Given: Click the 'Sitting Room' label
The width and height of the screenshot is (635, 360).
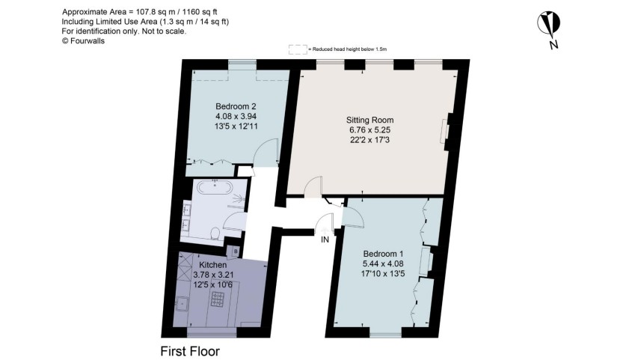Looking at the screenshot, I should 369,120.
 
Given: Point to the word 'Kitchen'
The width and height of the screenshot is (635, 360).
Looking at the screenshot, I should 213,265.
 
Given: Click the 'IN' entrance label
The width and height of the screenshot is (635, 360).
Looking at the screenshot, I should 325,240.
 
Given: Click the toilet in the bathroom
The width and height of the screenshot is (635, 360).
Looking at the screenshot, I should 215,234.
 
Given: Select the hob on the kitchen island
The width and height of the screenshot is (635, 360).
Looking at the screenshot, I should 218,299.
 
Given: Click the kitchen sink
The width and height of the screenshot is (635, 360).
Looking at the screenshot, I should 182,303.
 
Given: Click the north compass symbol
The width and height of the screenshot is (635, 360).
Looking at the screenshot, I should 551,25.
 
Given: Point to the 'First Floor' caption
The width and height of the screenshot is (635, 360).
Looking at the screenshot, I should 190,350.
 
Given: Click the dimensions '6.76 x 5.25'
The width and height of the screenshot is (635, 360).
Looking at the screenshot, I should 369,130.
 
